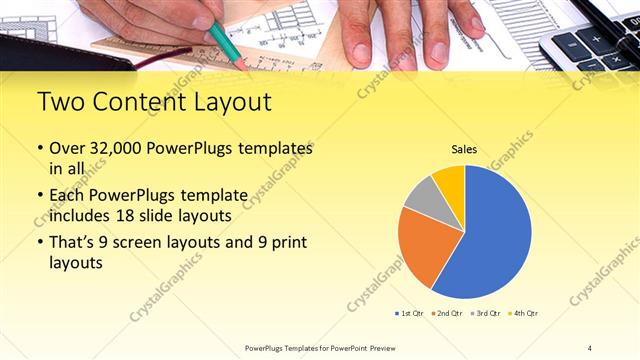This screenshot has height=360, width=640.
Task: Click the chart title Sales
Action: pyautogui.click(x=464, y=149)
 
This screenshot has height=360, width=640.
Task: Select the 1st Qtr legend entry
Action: pyautogui.click(x=408, y=314)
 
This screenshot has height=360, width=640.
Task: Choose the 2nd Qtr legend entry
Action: pyautogui.click(x=447, y=314)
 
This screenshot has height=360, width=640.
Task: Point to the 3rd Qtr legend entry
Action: pyautogui.click(x=486, y=314)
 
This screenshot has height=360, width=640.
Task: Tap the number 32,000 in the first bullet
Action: pyautogui.click(x=121, y=147)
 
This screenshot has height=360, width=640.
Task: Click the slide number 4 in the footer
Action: pyautogui.click(x=590, y=347)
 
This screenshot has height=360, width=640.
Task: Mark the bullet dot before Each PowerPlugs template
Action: pyautogui.click(x=39, y=194)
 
